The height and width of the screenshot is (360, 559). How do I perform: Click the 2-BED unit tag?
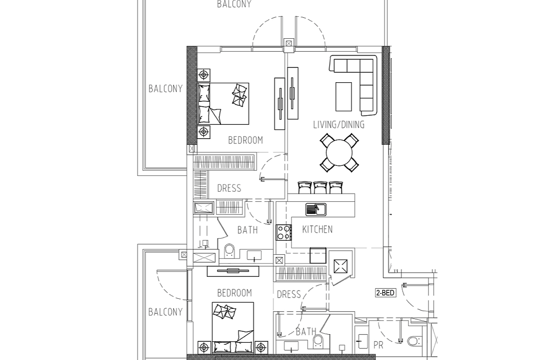pos(386,293)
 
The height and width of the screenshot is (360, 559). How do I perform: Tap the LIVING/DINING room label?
pos(339,124)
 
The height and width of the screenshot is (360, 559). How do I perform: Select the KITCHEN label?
pos(317,229)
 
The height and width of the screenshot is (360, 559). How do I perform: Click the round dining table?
pos(339,153)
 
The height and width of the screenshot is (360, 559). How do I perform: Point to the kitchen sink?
pos(315,209)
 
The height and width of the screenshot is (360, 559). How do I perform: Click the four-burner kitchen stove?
pos(283,232)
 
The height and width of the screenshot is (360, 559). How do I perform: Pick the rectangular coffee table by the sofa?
pos(344,97)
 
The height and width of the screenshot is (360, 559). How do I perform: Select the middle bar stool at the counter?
pos(321,187)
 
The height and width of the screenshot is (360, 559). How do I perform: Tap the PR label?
pos(378,345)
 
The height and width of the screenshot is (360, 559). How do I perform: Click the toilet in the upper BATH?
pos(230,251)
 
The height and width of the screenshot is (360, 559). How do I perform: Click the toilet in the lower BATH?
pos(317,341)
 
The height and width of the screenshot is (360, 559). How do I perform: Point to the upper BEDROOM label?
pos(245,140)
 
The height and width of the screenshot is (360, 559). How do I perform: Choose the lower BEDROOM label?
pos(234,293)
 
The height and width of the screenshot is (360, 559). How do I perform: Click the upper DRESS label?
pos(229,188)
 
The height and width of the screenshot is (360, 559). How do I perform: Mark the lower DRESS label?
pos(289,295)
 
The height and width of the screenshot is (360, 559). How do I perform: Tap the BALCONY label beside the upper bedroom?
pos(165,88)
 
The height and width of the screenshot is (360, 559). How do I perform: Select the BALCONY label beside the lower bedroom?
pos(165,312)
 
